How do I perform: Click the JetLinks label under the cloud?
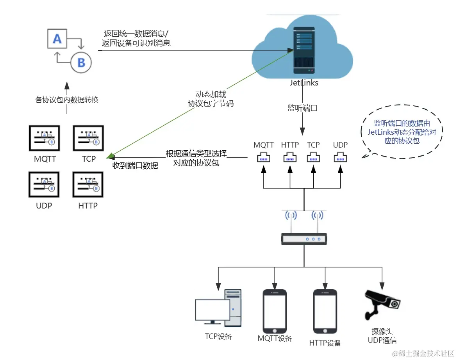tap(303, 83)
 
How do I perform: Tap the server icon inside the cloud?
tap(303, 51)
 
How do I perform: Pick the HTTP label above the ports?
tap(290, 145)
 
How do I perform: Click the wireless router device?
tap(304, 238)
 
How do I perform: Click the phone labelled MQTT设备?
tap(275, 310)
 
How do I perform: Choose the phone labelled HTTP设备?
tap(325, 311)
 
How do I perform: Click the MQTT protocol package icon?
tap(44, 138)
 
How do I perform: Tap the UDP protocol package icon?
tap(44, 184)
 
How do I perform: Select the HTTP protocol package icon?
tap(88, 184)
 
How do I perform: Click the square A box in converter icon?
tap(57, 38)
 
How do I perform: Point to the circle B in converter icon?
tap(81, 62)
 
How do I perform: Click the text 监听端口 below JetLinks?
tap(303, 109)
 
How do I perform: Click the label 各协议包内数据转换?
tap(67, 100)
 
